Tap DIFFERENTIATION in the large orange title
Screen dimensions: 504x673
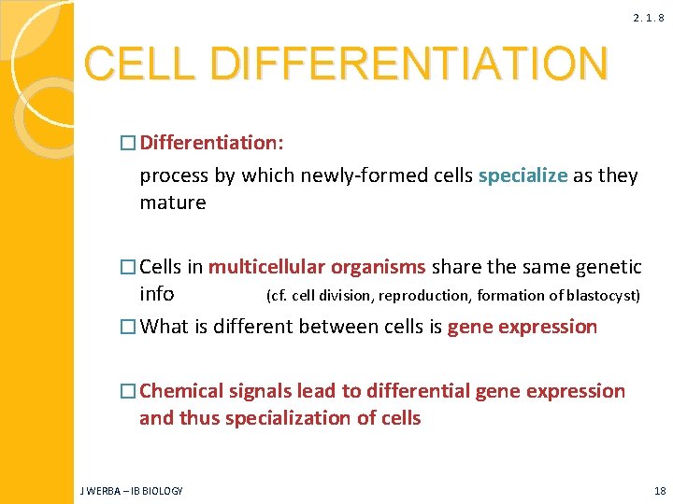[x=408, y=64]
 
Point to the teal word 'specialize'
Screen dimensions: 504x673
[x=523, y=175]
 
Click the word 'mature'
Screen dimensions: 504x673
[x=172, y=203]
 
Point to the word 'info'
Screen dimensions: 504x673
[x=156, y=294]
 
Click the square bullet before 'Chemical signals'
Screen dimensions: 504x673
[x=128, y=392]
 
